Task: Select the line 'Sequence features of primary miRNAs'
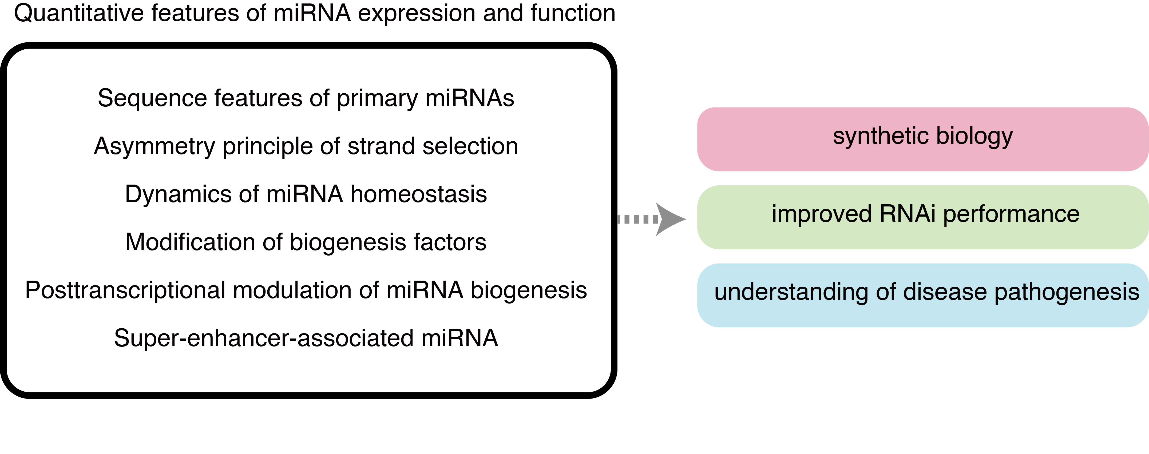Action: click(306, 98)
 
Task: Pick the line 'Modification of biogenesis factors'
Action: click(306, 243)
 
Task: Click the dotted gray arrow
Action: click(651, 219)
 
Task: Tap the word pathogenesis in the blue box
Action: click(1067, 293)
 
